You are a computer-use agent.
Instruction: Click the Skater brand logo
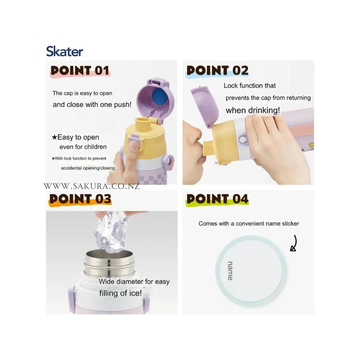64,51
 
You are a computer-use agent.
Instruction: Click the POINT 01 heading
80,71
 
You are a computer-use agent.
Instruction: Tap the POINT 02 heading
217,71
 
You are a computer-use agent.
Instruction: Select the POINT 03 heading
80,199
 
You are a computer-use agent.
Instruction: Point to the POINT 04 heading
217,199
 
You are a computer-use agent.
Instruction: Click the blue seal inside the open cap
160,96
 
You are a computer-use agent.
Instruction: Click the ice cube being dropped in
111,232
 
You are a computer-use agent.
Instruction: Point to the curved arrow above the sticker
294,243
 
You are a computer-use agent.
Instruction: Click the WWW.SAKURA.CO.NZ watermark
91,186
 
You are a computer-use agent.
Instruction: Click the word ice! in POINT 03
135,293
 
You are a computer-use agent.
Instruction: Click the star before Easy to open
54,137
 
